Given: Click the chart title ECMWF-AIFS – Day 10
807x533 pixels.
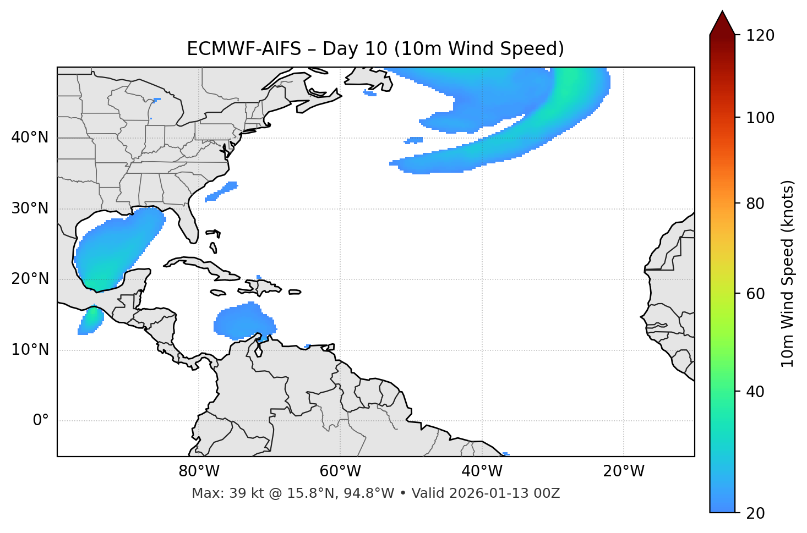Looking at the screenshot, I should pyautogui.click(x=375, y=49).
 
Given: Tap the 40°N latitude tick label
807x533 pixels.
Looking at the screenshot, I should pyautogui.click(x=30, y=138).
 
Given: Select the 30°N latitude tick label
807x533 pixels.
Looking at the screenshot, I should pyautogui.click(x=30, y=208).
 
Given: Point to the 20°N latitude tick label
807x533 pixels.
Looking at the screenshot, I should pyautogui.click(x=30, y=279).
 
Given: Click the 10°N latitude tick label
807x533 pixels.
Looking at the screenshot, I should pyautogui.click(x=30, y=350).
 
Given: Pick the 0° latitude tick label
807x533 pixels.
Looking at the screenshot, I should pyautogui.click(x=41, y=421).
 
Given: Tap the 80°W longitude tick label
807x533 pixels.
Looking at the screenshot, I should pyautogui.click(x=199, y=471).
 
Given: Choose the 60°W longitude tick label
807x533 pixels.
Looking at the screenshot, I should pyautogui.click(x=340, y=471).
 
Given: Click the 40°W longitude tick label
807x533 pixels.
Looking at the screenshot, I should pyautogui.click(x=482, y=471).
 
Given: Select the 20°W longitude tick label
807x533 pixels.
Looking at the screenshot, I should pyautogui.click(x=623, y=471).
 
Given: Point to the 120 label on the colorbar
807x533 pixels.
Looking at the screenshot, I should pyautogui.click(x=760, y=36).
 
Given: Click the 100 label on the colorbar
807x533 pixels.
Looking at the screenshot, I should pyautogui.click(x=760, y=118).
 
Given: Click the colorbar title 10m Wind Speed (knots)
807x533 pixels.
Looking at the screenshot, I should pyautogui.click(x=788, y=273).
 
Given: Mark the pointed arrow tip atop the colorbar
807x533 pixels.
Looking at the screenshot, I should pyautogui.click(x=722, y=12).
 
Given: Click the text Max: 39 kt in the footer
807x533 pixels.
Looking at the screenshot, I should pyautogui.click(x=216, y=493).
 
